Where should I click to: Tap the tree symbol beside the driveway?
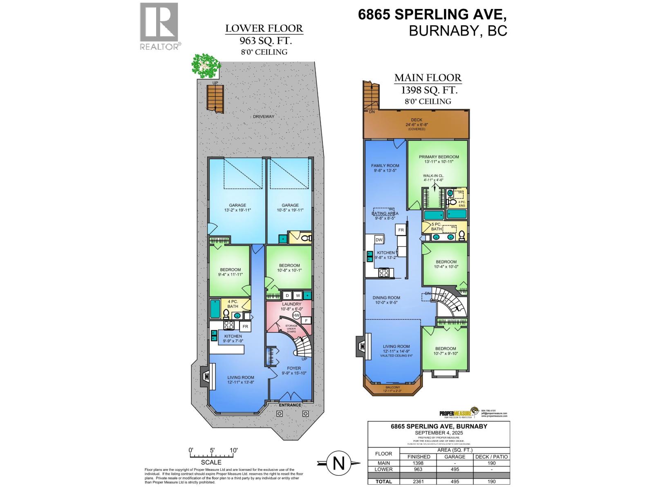tap(206, 66)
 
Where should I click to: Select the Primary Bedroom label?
tap(439, 157)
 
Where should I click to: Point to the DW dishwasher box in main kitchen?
tap(379, 240)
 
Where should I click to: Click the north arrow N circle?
tap(338, 463)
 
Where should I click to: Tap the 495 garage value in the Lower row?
tap(455, 469)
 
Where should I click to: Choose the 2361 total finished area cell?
tap(418, 481)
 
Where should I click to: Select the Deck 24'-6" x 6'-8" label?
tap(417, 122)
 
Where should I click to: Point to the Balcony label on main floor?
tap(392, 387)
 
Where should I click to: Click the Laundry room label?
tap(291, 304)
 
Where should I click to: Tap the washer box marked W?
tap(298, 295)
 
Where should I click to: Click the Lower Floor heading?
tap(264, 29)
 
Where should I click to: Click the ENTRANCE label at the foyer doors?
tap(290, 405)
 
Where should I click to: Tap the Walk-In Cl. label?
tap(433, 176)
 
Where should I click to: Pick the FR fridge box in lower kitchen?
tap(245, 327)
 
